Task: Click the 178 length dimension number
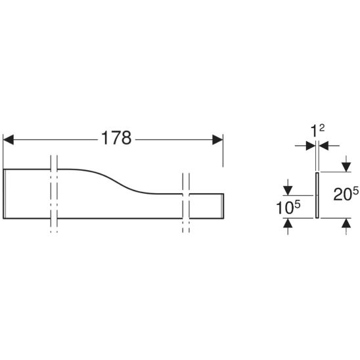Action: pyautogui.click(x=116, y=138)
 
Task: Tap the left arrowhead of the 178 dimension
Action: pyautogui.click(x=9, y=139)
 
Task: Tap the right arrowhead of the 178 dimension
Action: pyautogui.click(x=217, y=139)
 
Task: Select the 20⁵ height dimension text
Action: pyautogui.click(x=346, y=194)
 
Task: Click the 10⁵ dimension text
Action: pyautogui.click(x=288, y=207)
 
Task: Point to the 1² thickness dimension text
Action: pyautogui.click(x=317, y=131)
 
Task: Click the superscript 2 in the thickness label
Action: pyautogui.click(x=322, y=128)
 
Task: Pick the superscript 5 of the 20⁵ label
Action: pyautogui.click(x=355, y=191)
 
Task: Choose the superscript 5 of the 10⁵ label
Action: pyautogui.click(x=298, y=204)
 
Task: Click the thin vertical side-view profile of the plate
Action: pyautogui.click(x=317, y=195)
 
